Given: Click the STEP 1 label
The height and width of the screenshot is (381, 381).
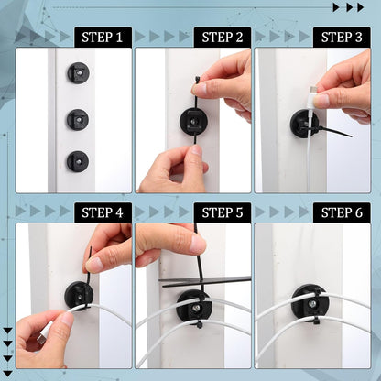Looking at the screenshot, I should point(103,38).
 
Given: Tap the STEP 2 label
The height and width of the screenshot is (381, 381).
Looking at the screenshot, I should point(222,38).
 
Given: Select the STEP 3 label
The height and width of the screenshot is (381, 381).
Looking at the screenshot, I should point(341,38).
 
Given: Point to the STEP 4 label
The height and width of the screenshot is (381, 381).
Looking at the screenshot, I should point(103,212).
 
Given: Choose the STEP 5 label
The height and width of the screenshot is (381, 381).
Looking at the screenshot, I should point(222,212).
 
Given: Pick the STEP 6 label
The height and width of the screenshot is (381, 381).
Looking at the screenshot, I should point(341,212).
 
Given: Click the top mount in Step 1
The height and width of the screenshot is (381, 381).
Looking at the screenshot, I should point(78,72).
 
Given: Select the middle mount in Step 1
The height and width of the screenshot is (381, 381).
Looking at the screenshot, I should point(78,119).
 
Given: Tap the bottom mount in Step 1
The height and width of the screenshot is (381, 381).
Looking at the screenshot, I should point(78,160).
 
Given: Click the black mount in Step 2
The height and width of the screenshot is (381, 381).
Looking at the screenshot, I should point(193,121).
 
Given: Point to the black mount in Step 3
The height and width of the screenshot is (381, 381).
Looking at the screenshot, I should point(302,123).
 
